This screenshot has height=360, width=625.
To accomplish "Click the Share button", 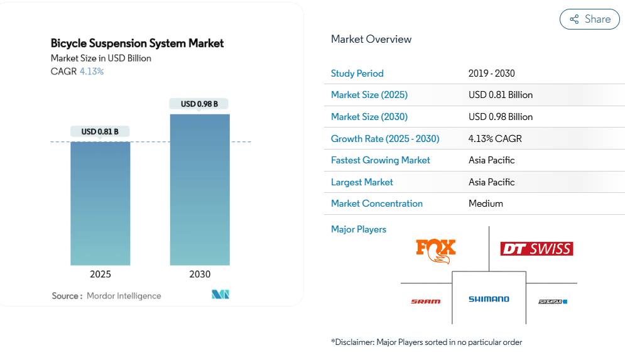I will [x=589, y=19].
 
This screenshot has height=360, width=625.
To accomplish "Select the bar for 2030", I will [x=200, y=189].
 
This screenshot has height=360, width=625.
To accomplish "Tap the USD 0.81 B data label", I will [x=100, y=131].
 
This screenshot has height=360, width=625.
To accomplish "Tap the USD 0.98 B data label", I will [x=199, y=104].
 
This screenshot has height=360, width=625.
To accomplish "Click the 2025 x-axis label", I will [x=101, y=275].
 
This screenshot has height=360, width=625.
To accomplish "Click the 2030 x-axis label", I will [x=200, y=275].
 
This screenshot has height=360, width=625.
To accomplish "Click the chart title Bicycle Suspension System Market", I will [x=137, y=43].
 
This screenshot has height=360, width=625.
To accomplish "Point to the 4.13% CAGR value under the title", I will [x=92, y=72].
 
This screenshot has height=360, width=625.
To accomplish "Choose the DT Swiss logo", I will [x=536, y=249].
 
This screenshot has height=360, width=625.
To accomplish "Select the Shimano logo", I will [x=489, y=299].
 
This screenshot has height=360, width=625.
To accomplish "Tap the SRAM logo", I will [x=426, y=302].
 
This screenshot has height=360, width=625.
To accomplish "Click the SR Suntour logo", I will [x=553, y=302].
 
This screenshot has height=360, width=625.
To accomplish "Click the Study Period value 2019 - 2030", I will [x=491, y=74].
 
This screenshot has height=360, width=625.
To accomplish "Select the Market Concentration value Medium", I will [x=486, y=204].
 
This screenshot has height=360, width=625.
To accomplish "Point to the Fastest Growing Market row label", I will [x=380, y=160].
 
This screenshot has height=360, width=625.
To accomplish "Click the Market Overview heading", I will [x=371, y=39].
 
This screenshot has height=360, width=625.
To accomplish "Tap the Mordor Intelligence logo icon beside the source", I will [x=220, y=295].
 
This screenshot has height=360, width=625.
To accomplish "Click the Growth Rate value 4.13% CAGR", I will [x=495, y=138].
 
